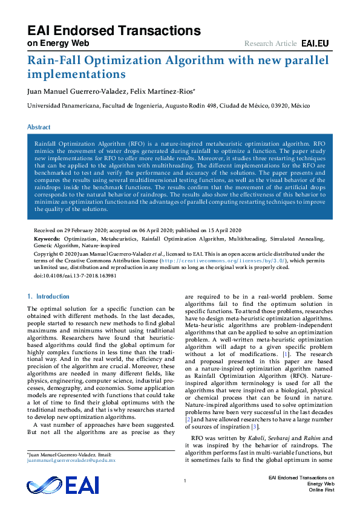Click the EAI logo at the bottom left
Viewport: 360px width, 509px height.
62,485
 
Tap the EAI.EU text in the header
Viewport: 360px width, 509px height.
315,44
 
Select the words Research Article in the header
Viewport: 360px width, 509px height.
270,44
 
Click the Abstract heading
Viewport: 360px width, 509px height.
39,127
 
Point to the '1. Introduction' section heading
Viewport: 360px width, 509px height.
49,296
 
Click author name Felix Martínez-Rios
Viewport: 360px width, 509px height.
160,91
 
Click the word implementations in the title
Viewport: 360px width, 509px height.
76,75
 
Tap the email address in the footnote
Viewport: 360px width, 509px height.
71,460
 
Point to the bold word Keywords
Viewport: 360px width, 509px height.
47,239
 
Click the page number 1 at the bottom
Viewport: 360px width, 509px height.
185,481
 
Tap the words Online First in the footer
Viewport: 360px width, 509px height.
321,490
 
